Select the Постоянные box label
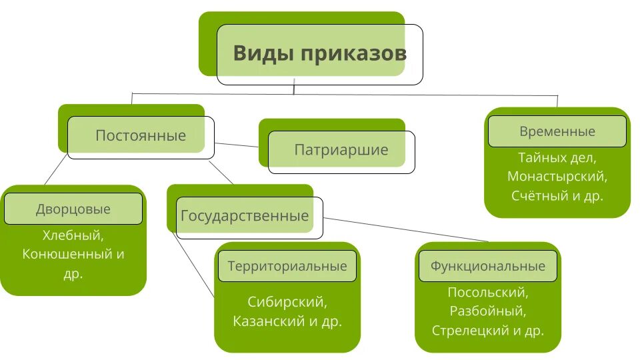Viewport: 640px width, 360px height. pyautogui.click(x=141, y=136)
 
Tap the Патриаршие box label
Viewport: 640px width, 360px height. pyautogui.click(x=341, y=150)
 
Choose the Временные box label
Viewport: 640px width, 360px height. pyautogui.click(x=557, y=131)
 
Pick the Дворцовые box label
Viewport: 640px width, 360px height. pyautogui.click(x=73, y=209)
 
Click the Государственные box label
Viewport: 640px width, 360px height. pyautogui.click(x=245, y=216)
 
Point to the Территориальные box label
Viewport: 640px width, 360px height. pyautogui.click(x=287, y=266)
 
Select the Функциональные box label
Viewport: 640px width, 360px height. pyautogui.click(x=488, y=266)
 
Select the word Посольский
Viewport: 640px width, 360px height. pyautogui.click(x=487, y=292)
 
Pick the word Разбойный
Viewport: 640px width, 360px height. pyautogui.click(x=487, y=311)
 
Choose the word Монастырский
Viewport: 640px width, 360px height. pyautogui.click(x=557, y=177)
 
